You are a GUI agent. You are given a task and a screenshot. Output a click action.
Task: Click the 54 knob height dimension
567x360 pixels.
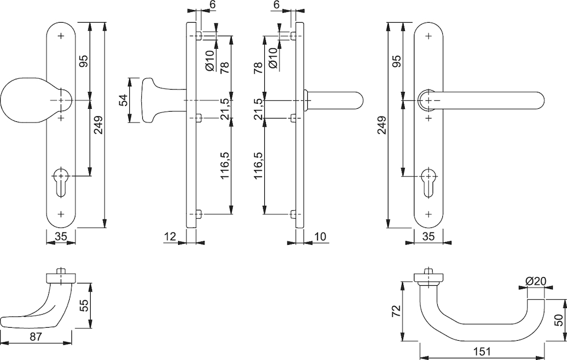click(x=124, y=100)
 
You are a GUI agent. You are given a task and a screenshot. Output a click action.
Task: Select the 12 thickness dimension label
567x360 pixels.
click(x=170, y=237)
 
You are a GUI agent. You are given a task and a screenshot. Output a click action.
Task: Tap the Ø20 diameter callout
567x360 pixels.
click(x=536, y=281)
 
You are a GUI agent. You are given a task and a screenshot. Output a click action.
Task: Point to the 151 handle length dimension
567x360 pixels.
click(x=482, y=351)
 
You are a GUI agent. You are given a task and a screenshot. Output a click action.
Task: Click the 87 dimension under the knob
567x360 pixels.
click(x=35, y=337)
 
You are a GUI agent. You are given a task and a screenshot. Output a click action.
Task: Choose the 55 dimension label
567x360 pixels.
click(x=83, y=306)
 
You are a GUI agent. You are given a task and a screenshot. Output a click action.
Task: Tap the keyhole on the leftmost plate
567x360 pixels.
click(x=61, y=181)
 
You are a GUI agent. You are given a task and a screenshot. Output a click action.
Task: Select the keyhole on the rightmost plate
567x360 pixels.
click(x=429, y=182)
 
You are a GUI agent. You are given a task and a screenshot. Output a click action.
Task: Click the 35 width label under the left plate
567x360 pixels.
click(x=61, y=237)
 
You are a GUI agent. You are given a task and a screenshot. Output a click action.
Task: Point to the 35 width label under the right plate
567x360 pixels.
click(x=428, y=237)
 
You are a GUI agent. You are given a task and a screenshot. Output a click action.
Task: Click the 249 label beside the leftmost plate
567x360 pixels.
click(x=98, y=125)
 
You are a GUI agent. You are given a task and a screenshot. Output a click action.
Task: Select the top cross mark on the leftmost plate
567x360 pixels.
click(x=61, y=36)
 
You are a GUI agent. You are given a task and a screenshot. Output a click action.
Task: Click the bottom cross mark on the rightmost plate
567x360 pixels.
click(x=429, y=214)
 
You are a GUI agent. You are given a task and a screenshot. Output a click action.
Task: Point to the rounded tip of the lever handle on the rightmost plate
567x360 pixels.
click(x=541, y=100)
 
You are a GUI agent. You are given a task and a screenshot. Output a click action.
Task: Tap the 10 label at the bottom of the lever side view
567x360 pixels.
click(x=320, y=237)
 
